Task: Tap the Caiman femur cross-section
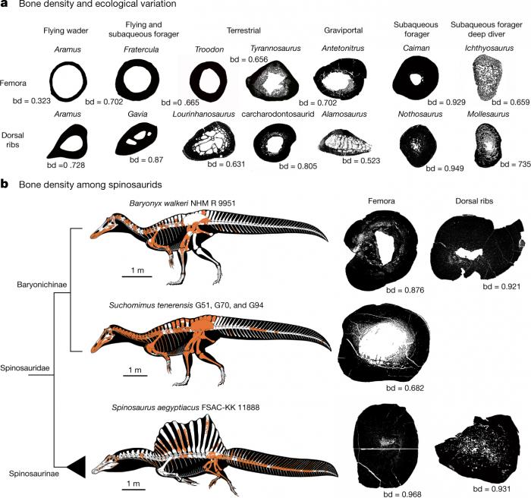pyautogui.click(x=415, y=77)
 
